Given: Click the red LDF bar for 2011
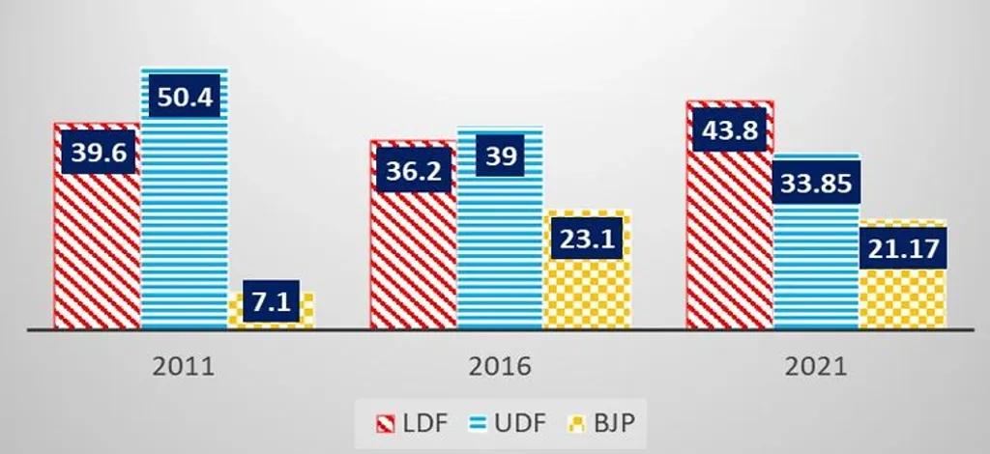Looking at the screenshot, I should click(97, 251).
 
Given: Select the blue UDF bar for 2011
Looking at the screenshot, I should click(185, 222).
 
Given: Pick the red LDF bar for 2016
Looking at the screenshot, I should click(413, 261).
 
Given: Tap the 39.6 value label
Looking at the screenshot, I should click(98, 153).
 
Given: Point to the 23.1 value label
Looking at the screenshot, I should click(587, 239).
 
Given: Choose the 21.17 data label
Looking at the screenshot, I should click(903, 249).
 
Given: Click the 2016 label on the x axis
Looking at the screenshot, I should click(499, 367).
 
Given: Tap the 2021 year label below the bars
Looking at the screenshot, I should click(816, 367).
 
